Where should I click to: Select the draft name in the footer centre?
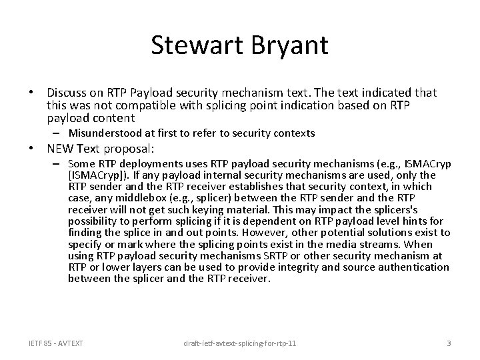click(x=241, y=343)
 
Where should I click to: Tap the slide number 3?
click(x=449, y=343)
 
